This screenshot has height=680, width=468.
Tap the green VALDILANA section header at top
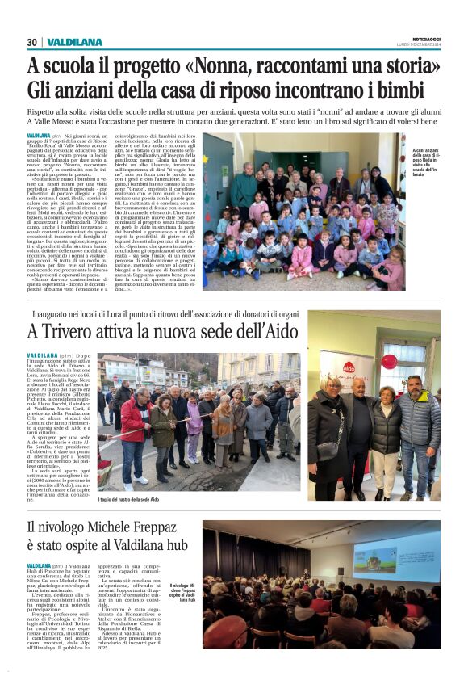tap(75, 42)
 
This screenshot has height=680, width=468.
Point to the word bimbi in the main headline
tap(410, 88)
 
